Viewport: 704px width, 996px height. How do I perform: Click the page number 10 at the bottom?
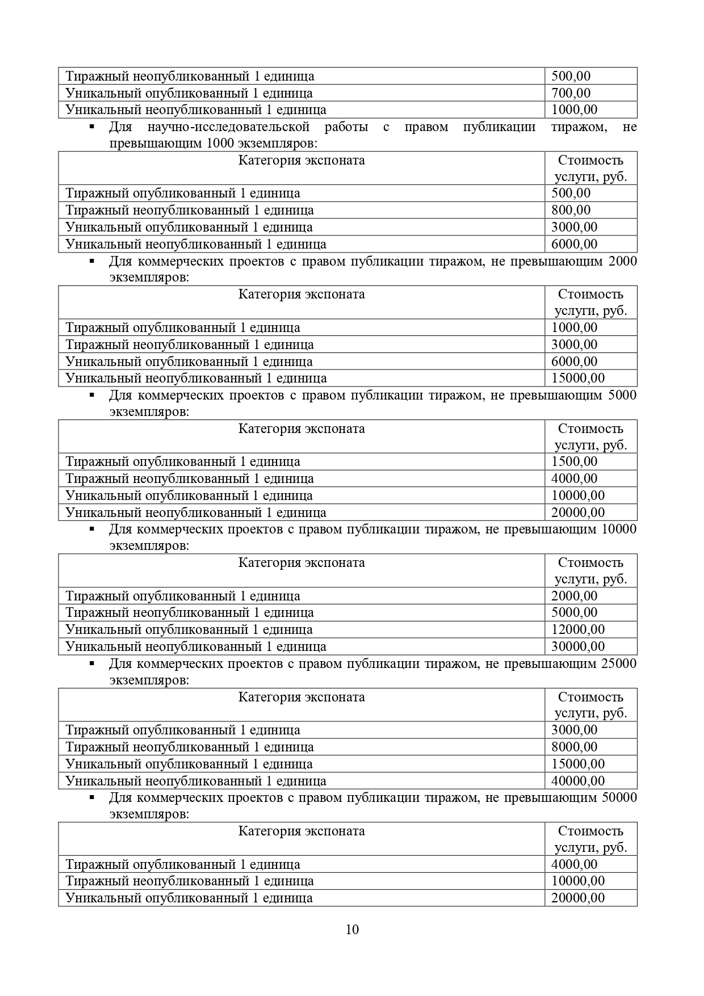pos(352,929)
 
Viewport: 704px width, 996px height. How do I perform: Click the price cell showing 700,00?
pos(571,93)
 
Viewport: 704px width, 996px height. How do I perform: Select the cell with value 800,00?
pos(571,211)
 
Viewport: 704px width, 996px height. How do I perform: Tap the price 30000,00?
pos(577,646)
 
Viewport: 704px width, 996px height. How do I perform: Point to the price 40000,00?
pos(577,781)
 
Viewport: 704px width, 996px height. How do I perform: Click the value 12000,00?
pos(577,629)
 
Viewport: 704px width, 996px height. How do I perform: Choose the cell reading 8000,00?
pos(574,747)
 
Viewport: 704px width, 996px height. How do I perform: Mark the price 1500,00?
pos(574,461)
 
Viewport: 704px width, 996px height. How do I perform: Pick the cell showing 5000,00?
pos(574,612)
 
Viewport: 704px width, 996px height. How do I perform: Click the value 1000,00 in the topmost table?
pos(574,110)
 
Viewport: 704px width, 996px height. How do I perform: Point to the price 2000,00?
pos(574,596)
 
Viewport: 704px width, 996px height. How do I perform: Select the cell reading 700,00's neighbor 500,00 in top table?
pos(571,76)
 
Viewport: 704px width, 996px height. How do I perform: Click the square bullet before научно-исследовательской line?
pos(91,127)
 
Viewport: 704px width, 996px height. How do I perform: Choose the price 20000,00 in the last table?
pos(577,898)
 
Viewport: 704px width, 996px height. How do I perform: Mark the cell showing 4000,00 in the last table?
pos(574,864)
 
